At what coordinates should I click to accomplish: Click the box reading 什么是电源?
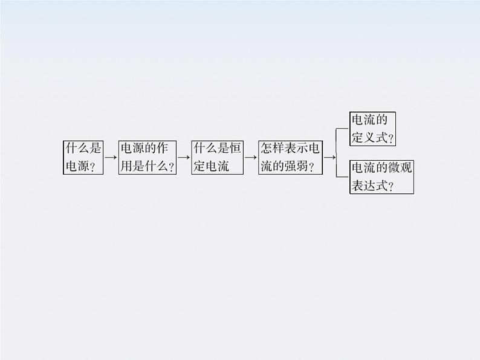(x=83, y=158)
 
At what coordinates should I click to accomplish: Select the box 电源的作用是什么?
(x=148, y=158)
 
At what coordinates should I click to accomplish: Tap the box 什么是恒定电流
(x=216, y=158)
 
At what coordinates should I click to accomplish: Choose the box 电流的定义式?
(x=373, y=129)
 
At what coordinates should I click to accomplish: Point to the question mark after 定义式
(x=391, y=139)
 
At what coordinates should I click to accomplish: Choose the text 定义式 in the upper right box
(x=369, y=138)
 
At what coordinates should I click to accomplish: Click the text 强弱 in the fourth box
(x=299, y=167)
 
